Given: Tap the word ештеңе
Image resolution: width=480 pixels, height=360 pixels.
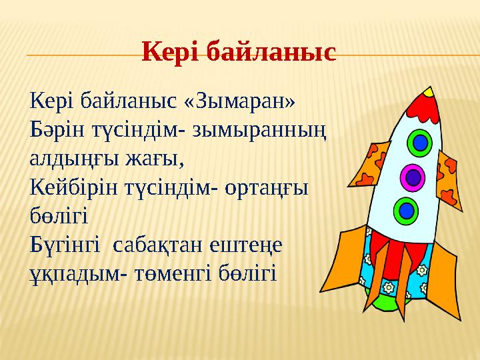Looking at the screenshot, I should pyautogui.click(x=246, y=245).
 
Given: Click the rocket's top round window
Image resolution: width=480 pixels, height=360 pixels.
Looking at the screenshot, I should pyautogui.click(x=420, y=142).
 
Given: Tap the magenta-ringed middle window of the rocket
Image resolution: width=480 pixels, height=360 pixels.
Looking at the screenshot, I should pyautogui.click(x=413, y=177).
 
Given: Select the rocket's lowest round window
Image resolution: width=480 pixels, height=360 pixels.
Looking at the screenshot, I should pyautogui.click(x=405, y=211).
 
